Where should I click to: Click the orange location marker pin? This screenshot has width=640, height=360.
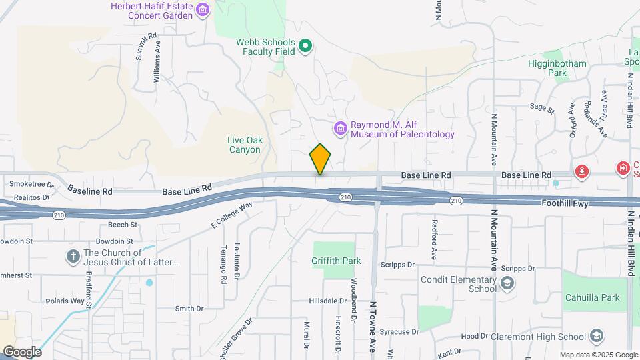(x=320, y=159)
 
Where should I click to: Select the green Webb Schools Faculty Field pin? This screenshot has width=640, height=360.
(x=305, y=46)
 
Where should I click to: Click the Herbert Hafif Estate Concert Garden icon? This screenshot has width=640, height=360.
(x=203, y=9)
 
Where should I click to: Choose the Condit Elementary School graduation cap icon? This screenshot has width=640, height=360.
(x=507, y=284)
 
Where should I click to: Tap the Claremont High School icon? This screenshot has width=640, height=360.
(x=597, y=336)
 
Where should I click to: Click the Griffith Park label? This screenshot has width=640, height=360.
(x=336, y=261)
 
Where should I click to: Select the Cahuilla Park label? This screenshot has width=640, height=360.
(x=591, y=298)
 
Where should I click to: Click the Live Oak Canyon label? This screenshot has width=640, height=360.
(x=243, y=145)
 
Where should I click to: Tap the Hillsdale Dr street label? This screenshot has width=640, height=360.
(x=331, y=301)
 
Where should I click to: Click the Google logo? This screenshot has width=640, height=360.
(x=21, y=351)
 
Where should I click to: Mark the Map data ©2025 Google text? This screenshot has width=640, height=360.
(x=597, y=355)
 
